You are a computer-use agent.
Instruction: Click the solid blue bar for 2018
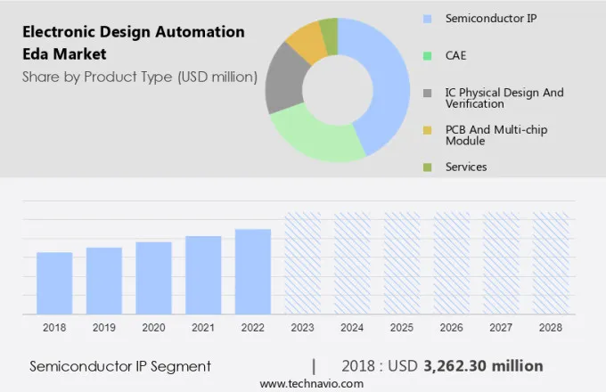54,283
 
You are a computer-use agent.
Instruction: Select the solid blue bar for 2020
153,278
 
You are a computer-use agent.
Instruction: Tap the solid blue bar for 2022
253,272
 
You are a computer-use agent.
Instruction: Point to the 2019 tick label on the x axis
104,328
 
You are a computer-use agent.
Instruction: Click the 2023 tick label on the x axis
302,328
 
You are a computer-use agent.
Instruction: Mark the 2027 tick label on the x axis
501,328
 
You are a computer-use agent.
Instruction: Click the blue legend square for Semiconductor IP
428,19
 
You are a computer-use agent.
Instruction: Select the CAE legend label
455,55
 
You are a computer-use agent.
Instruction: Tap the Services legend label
466,167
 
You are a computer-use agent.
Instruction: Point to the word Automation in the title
201,32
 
